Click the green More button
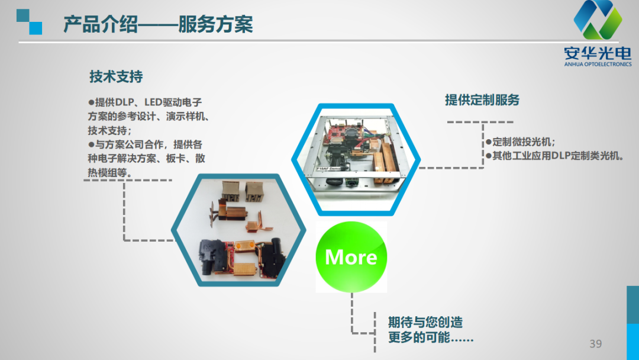pos(351,257)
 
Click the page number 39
pos(595,343)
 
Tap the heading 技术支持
pos(116,76)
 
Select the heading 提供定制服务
pos(482,99)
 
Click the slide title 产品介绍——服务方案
pos(158,24)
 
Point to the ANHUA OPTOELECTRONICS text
pos(598,65)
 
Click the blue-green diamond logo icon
pos(598,20)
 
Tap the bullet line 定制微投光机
pos(521,142)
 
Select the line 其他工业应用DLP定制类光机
pos(555,156)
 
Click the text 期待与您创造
pos(425,322)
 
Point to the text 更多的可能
pos(431,337)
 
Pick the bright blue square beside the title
pos(35,28)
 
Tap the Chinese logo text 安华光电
pos(598,53)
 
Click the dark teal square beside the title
pos(23,15)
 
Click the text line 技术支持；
pos(110,130)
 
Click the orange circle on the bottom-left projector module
pos(238,246)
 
